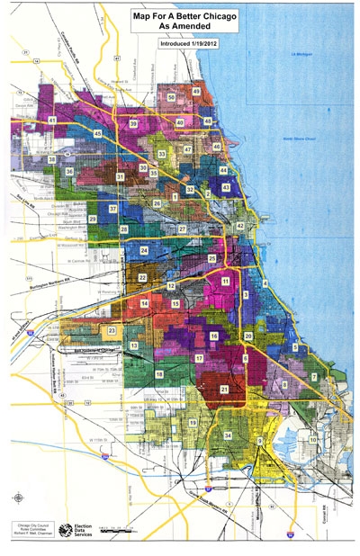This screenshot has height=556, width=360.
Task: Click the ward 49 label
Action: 196,91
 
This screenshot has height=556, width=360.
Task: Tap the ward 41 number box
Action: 53,120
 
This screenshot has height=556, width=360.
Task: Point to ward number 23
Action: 112,331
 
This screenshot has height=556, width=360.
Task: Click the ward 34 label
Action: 228,435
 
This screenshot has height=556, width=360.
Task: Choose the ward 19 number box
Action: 193,421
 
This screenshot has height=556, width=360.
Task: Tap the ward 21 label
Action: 224,389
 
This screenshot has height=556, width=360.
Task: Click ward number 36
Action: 69,170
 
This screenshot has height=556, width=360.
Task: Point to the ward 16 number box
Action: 214,336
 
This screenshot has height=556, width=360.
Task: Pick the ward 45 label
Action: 97,133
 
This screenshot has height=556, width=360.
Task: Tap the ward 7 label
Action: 314,376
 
